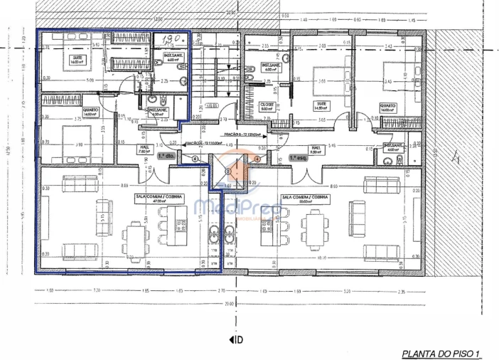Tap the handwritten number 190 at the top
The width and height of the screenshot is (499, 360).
170,41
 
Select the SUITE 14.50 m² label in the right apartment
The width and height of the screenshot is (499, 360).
322,106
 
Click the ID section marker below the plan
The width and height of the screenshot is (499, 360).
236,339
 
